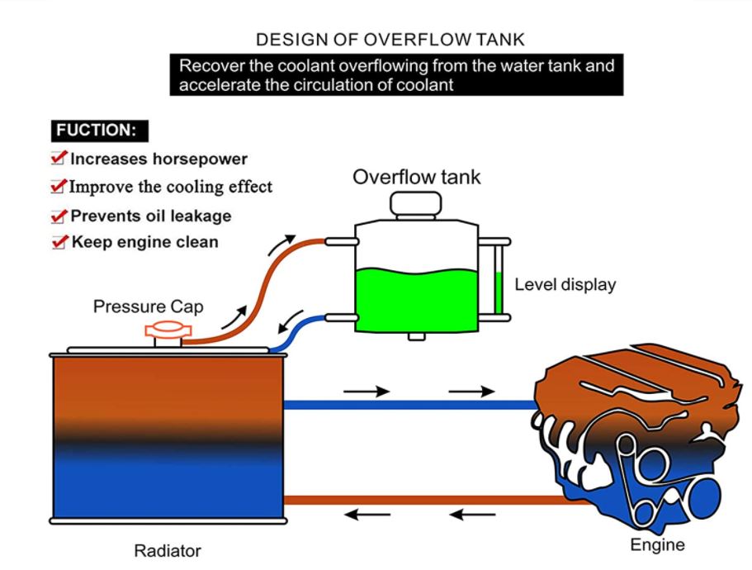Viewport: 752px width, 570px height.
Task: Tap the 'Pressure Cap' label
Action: tap(148, 306)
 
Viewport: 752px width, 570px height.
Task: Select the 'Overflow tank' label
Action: tap(416, 177)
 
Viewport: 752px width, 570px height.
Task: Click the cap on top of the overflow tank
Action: tap(416, 203)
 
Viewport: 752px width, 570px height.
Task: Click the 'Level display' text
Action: tap(565, 285)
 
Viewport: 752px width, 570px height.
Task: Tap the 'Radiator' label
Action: tap(167, 550)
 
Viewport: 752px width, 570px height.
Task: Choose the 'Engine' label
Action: tap(657, 544)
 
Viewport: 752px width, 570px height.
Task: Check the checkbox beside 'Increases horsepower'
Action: tap(59, 158)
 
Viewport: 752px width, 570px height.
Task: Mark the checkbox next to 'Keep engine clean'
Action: tap(59, 242)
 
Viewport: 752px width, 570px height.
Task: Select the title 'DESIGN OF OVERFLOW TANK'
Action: tap(390, 40)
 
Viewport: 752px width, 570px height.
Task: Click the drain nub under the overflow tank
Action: tap(416, 336)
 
